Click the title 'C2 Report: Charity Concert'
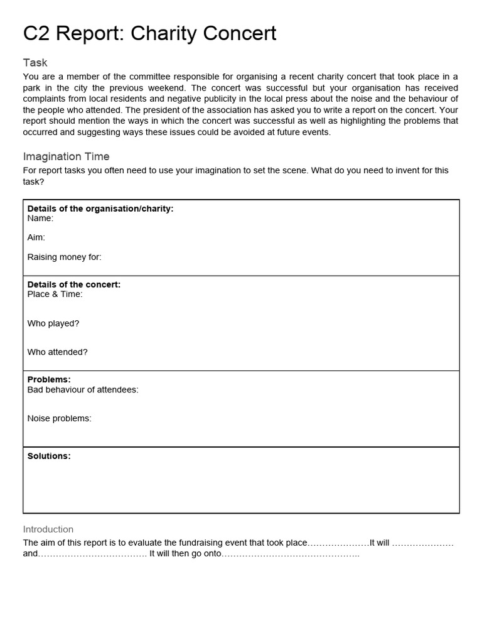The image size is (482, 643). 149,33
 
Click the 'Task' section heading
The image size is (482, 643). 35,63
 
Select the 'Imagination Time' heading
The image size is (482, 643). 66,156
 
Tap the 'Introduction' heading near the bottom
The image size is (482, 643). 48,529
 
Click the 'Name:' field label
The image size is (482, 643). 40,219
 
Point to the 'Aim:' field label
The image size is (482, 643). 36,237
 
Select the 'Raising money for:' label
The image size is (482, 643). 64,256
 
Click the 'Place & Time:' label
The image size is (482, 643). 55,294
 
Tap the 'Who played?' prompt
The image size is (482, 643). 53,323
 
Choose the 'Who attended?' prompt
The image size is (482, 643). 57,352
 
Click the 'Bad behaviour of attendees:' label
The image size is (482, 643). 83,389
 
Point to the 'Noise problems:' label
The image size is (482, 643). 59,418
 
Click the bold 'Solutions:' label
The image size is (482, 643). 49,456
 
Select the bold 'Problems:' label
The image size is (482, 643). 49,380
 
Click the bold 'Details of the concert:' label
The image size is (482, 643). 74,284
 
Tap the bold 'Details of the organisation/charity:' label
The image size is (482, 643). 100,208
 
